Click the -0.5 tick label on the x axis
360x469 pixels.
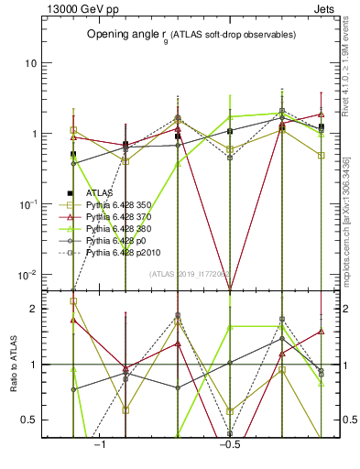[x=228, y=445]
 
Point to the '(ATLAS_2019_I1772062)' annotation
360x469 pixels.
[x=191, y=273]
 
